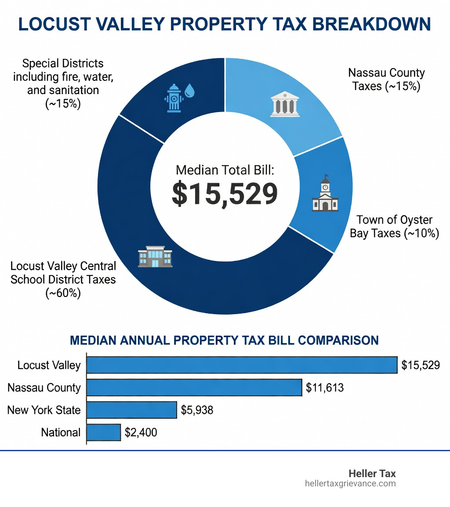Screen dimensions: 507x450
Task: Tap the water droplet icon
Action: click(x=190, y=91)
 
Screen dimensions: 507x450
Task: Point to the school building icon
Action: click(x=155, y=257)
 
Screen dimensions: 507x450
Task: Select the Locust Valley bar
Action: click(x=242, y=365)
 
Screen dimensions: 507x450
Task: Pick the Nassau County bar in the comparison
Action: click(x=194, y=387)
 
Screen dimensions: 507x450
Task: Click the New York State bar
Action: click(x=131, y=410)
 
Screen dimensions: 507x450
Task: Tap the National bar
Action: click(x=103, y=432)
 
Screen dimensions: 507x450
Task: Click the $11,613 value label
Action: click(x=325, y=387)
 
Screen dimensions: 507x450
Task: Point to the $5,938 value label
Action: click(x=197, y=410)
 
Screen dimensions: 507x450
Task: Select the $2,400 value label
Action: click(x=141, y=432)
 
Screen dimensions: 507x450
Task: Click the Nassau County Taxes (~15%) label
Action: click(x=386, y=80)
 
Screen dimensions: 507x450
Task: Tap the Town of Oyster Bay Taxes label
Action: click(x=394, y=226)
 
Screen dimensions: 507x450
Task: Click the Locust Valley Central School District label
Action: click(x=63, y=279)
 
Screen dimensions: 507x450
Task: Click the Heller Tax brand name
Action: click(x=372, y=474)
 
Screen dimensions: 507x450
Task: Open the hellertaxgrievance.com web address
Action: click(x=350, y=484)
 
